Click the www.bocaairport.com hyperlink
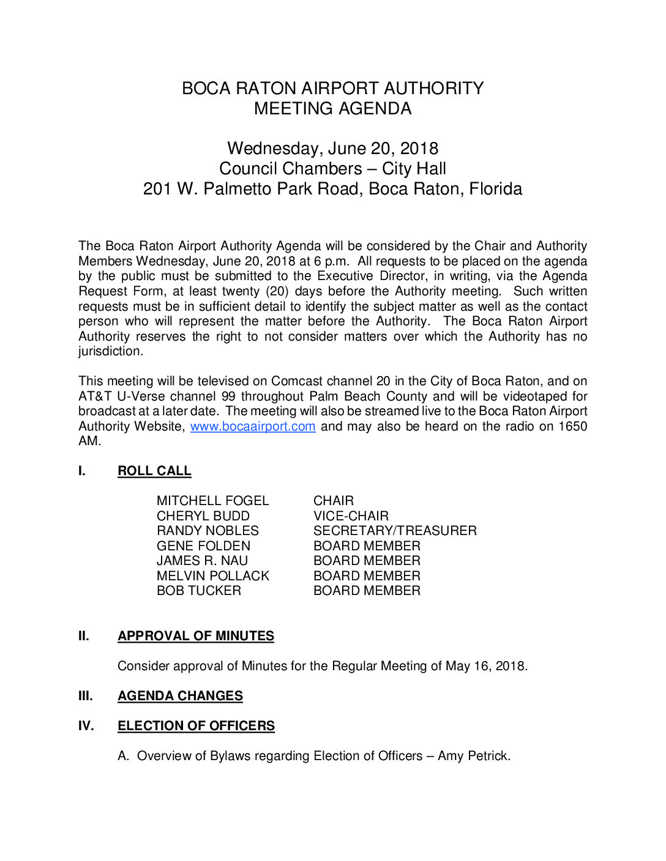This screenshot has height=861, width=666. [x=253, y=426]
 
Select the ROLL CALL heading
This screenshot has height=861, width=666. [x=154, y=471]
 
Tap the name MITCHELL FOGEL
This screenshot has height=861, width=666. [x=212, y=501]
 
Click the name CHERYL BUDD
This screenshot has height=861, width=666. [x=203, y=516]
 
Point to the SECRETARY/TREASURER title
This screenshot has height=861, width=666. [x=395, y=531]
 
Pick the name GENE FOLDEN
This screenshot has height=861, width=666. [x=203, y=546]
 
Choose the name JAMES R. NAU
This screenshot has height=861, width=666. [x=202, y=561]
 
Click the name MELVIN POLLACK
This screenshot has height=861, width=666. [x=212, y=576]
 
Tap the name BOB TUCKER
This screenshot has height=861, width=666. [x=198, y=591]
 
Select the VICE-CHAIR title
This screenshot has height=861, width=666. [x=351, y=516]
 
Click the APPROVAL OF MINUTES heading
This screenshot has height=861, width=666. [x=196, y=636]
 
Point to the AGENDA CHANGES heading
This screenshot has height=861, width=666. [x=180, y=696]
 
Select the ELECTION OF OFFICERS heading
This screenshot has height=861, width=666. [x=196, y=726]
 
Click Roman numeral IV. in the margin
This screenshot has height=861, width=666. [x=86, y=726]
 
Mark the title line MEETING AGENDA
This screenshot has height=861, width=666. [x=332, y=109]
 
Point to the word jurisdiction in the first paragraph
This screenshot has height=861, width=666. [x=110, y=352]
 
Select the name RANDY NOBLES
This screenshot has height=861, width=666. [x=208, y=531]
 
